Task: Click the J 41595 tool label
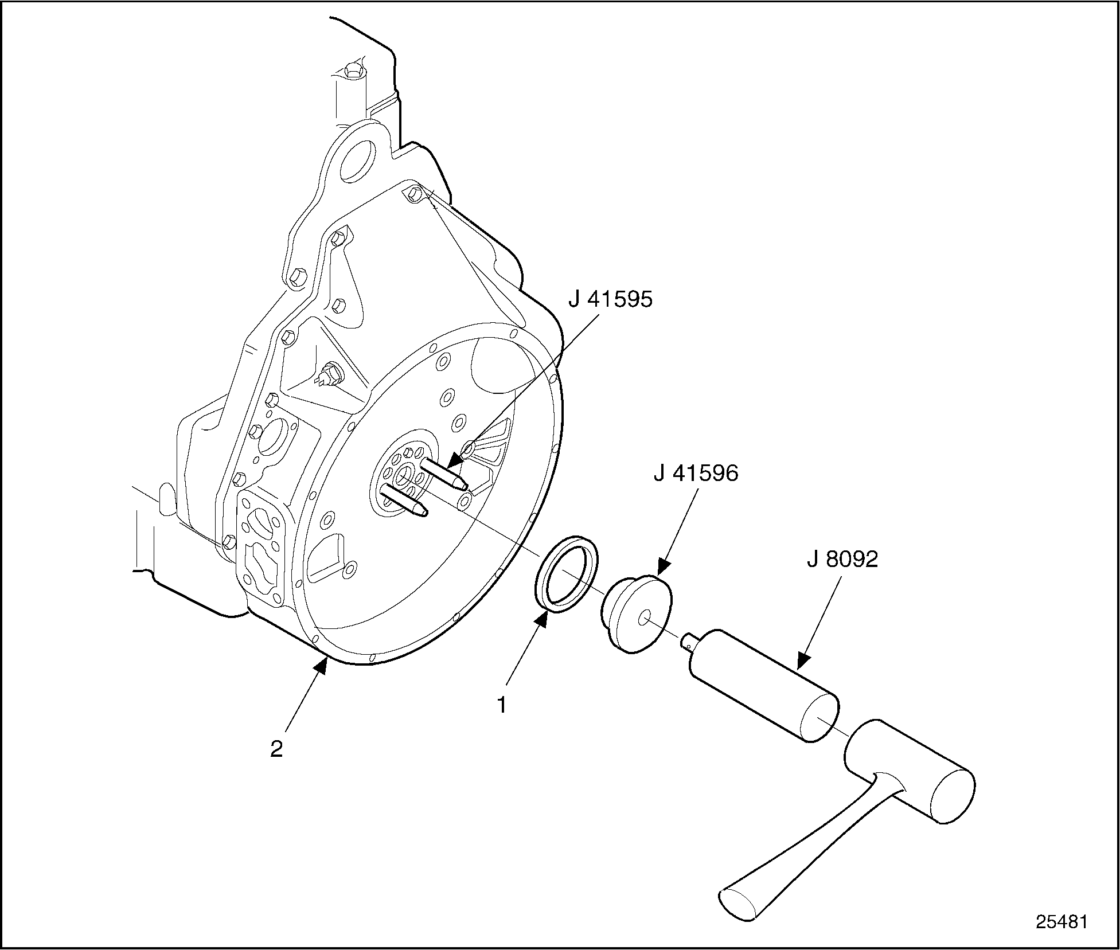pos(610,299)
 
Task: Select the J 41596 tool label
pos(696,474)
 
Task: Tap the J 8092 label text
pos(842,559)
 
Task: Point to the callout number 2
pos(276,749)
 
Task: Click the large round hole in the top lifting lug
pos(357,160)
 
